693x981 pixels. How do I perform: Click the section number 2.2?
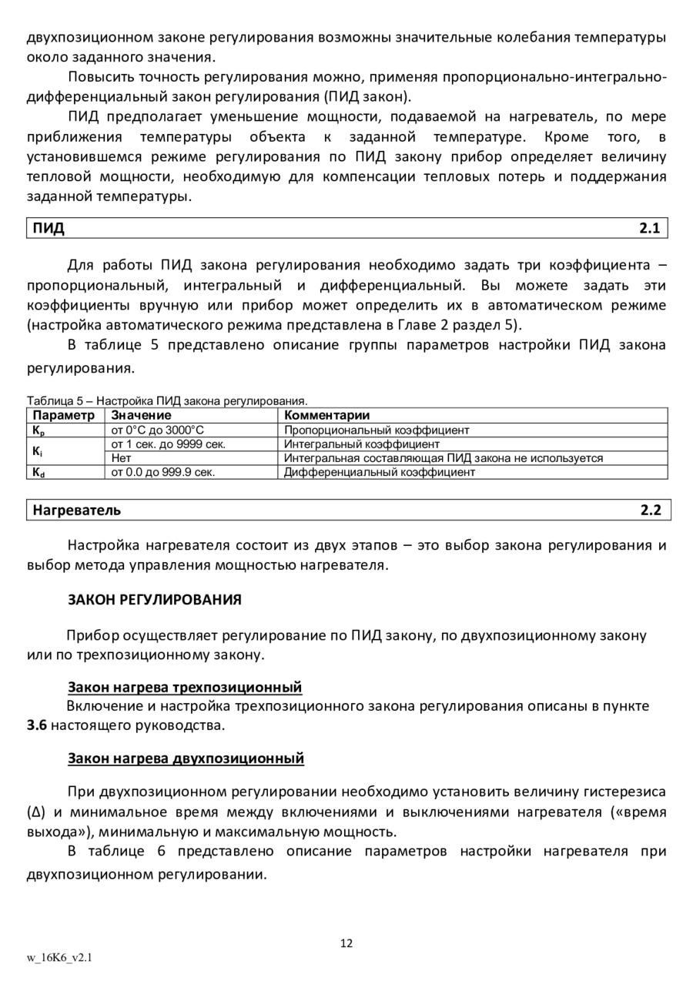(650, 510)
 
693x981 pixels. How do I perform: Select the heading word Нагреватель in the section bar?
(76, 510)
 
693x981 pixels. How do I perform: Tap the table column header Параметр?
(63, 416)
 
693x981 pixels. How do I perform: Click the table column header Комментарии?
(326, 416)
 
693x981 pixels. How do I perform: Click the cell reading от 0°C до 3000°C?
(158, 430)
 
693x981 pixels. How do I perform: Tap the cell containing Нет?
(121, 458)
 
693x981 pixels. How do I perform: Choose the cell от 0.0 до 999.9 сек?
(163, 472)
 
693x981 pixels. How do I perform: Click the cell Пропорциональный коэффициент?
(377, 430)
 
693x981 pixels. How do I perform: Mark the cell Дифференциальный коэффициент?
(380, 472)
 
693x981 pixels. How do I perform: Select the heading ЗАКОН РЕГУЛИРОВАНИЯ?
(155, 598)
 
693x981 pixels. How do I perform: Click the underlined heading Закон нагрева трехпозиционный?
(185, 687)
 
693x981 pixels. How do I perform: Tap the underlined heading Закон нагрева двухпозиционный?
(186, 758)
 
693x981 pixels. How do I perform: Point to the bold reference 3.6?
(37, 725)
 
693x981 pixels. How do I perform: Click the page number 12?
(346, 943)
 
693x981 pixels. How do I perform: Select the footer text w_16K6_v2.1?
(60, 958)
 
